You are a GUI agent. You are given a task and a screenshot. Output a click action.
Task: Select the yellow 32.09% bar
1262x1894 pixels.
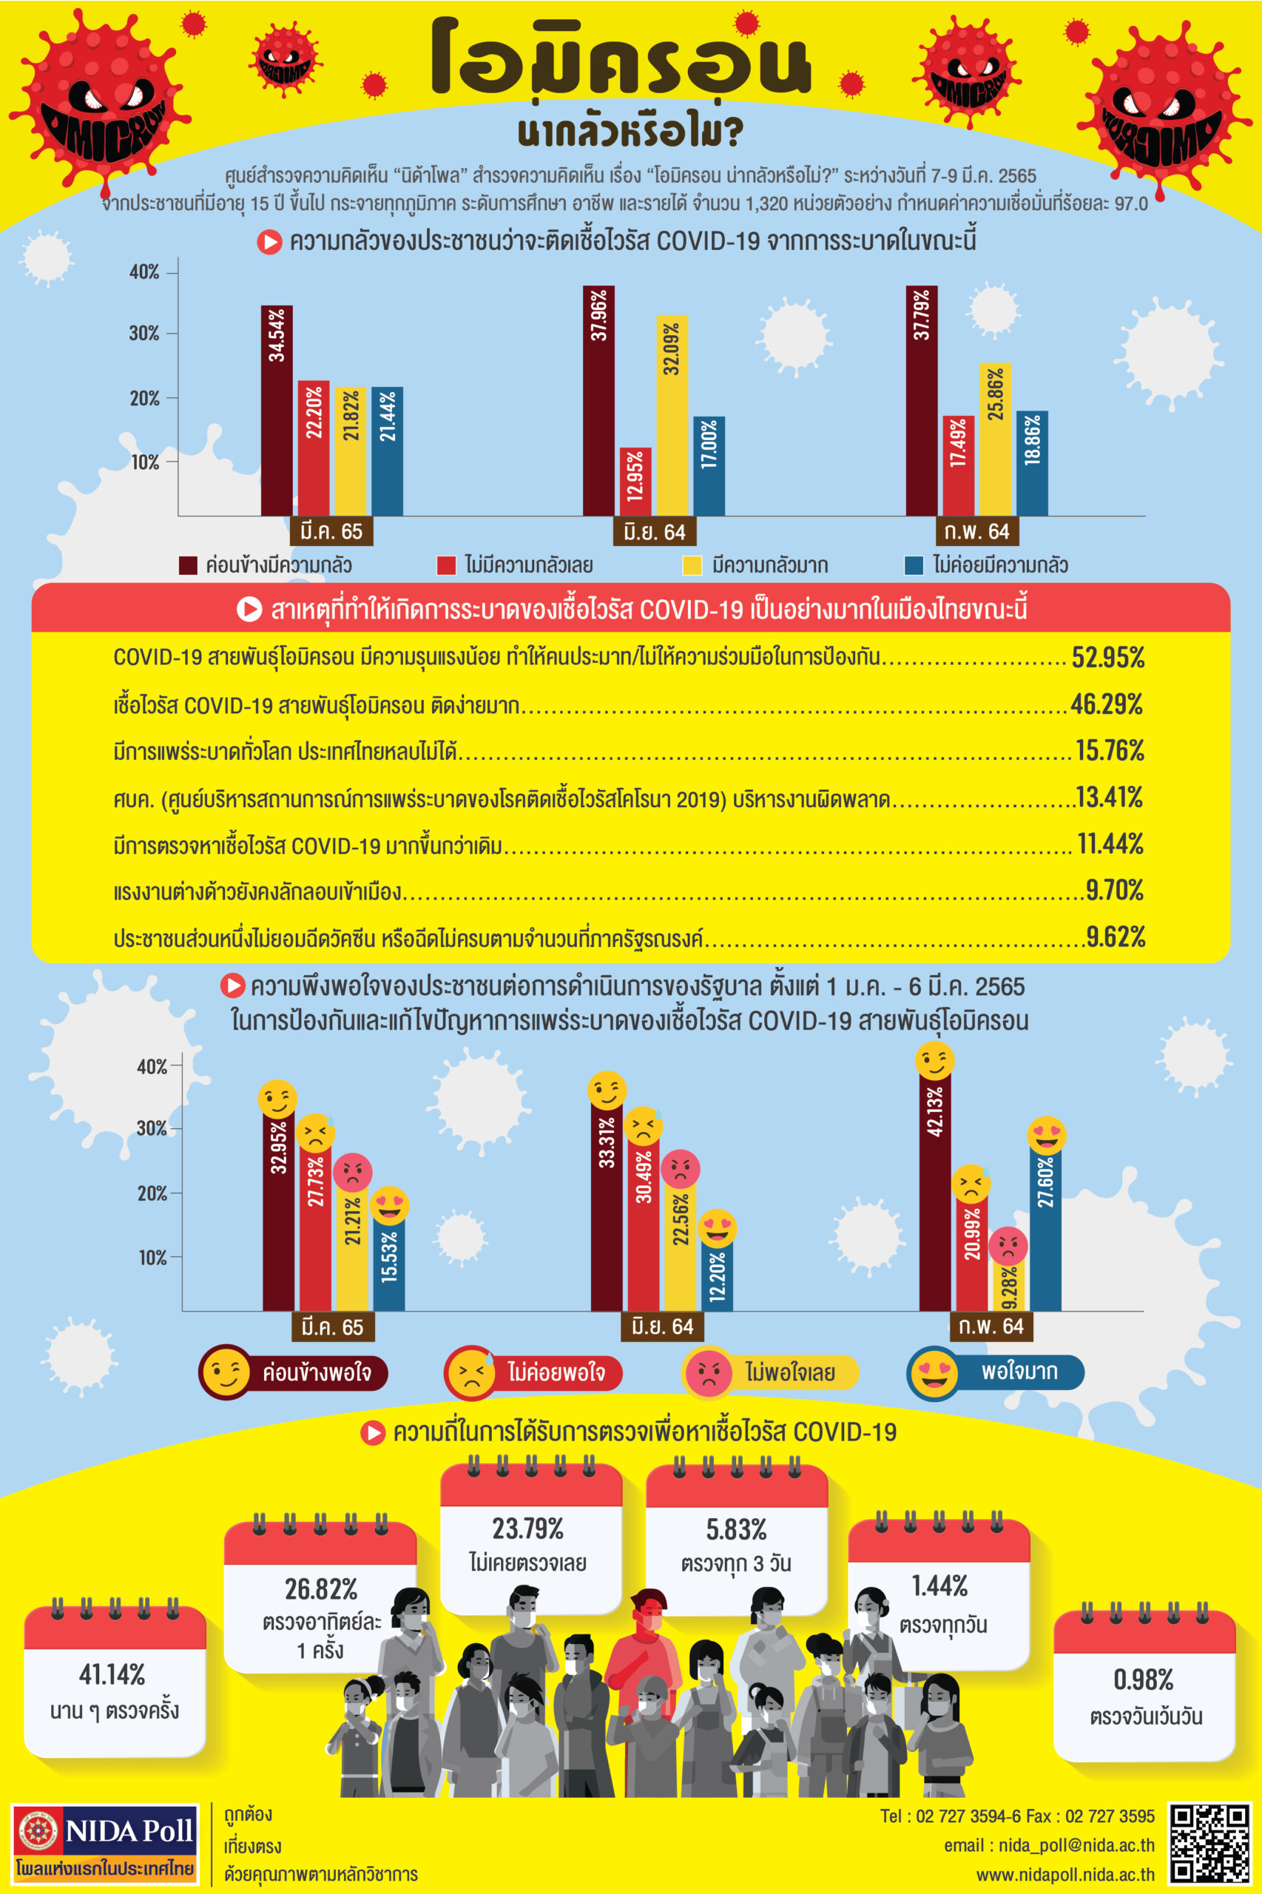[672, 414]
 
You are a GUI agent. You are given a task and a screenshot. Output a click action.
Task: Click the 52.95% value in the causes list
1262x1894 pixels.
[1107, 658]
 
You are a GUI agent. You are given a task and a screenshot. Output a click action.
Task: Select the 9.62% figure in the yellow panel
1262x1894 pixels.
[1115, 937]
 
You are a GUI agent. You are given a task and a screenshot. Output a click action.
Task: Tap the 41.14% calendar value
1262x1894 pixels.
[112, 1675]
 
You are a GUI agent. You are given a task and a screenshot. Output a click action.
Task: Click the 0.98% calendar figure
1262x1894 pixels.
[1143, 1680]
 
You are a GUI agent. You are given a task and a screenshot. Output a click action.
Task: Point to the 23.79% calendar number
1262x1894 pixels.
[528, 1529]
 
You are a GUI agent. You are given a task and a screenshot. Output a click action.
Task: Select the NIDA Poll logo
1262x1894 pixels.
[104, 1842]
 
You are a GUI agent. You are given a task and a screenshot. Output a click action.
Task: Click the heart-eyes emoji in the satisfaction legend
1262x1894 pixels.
[934, 1372]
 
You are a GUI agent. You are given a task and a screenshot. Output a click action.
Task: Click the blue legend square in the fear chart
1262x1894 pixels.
[914, 565]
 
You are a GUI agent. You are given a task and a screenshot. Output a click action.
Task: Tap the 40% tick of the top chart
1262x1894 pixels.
[145, 272]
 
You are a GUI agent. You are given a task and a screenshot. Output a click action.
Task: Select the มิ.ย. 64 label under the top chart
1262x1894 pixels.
[655, 532]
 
